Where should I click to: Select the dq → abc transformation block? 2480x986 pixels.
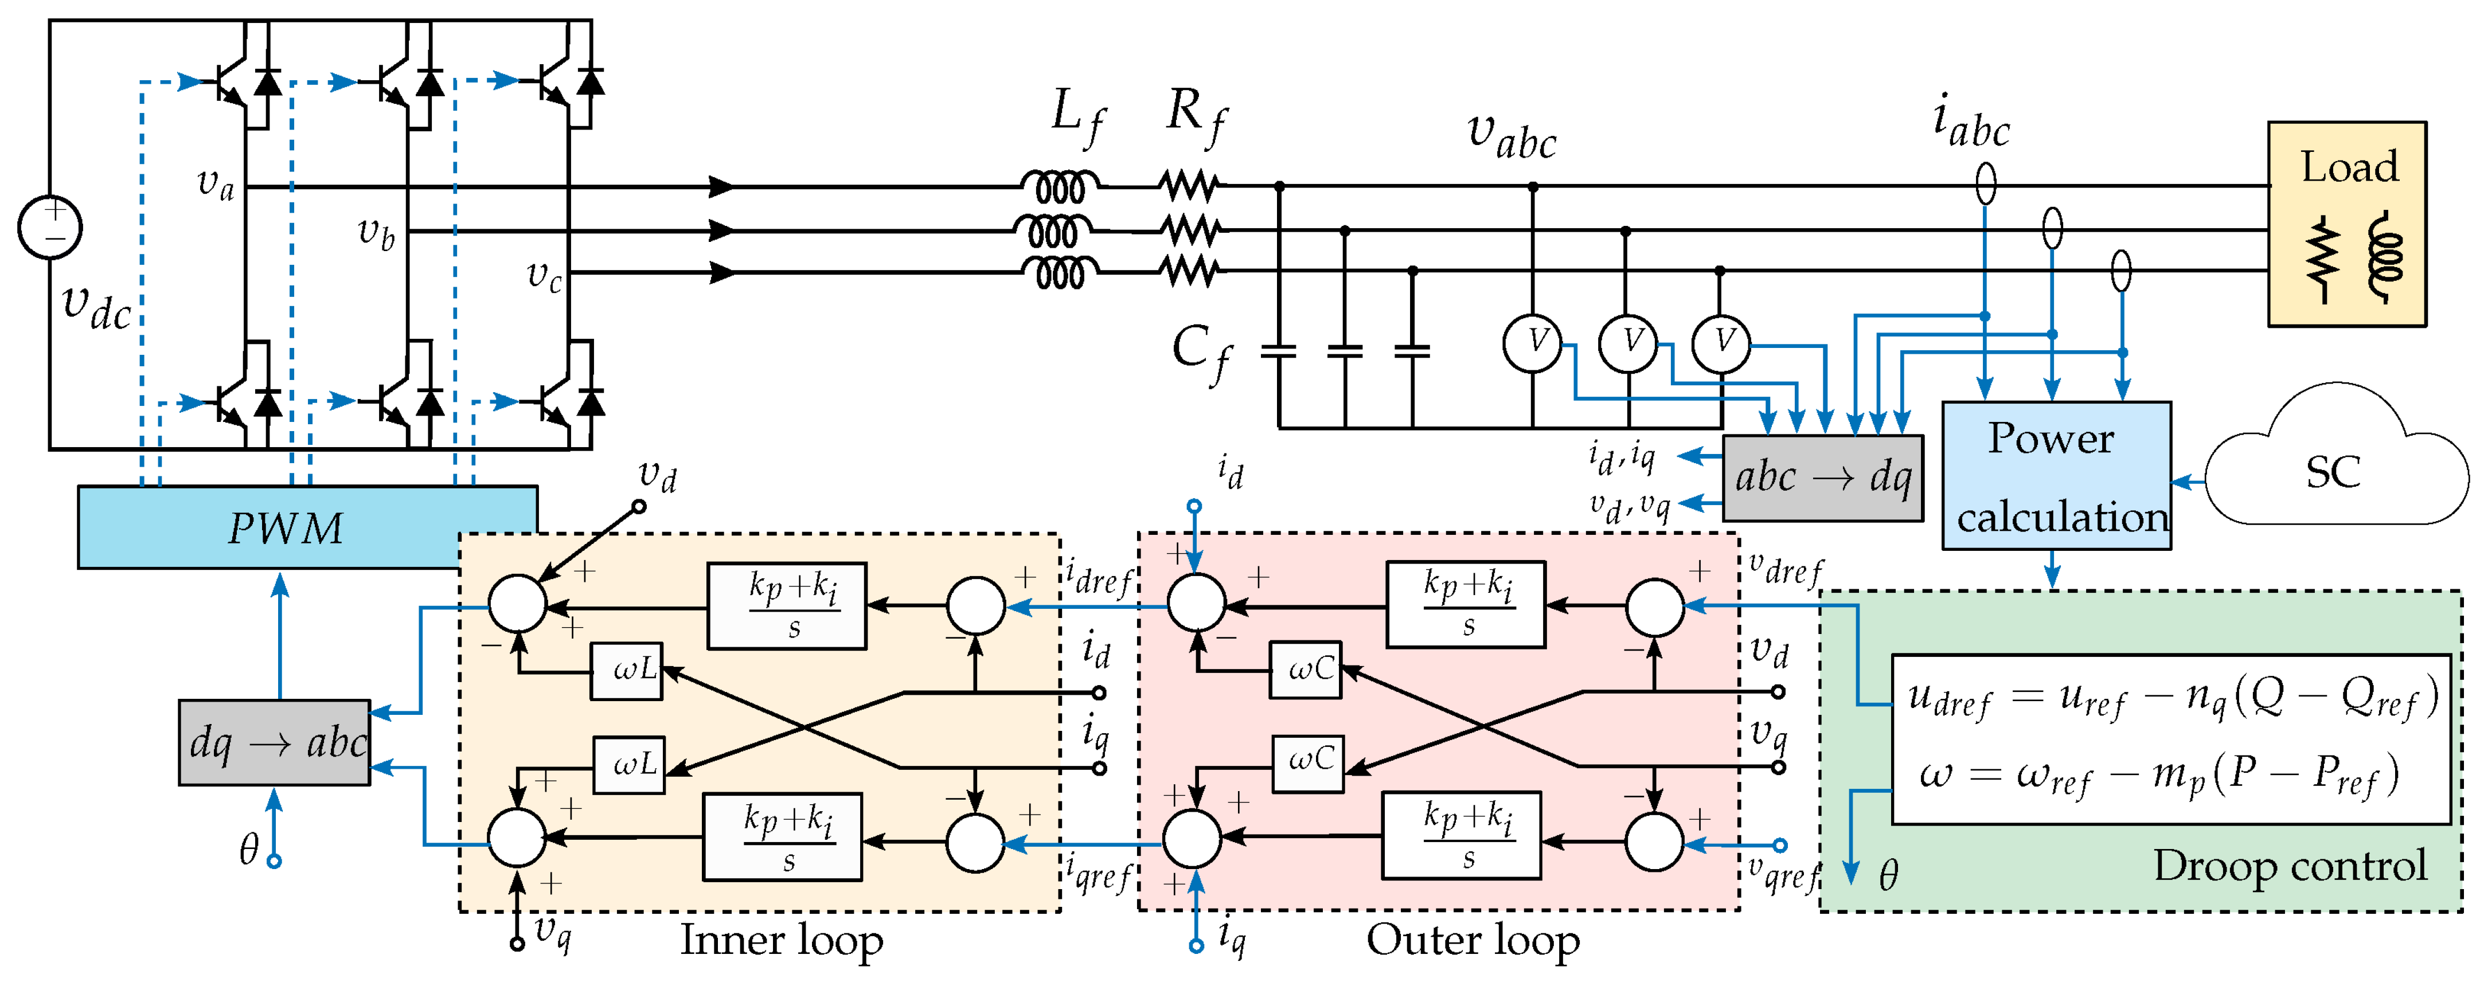(275, 742)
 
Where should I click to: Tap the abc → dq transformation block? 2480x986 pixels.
(1822, 478)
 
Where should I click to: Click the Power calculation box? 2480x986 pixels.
(2056, 476)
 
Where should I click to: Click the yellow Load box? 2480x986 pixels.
(2347, 224)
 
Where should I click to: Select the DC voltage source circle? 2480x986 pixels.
(50, 227)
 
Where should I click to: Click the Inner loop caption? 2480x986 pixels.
(782, 940)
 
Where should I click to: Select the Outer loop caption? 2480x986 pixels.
(1473, 940)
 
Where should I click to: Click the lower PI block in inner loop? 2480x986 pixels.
(783, 836)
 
